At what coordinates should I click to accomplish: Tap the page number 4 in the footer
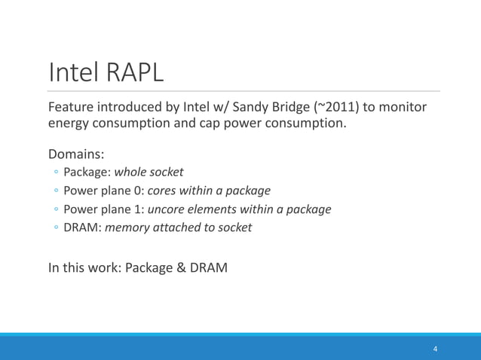coord(435,349)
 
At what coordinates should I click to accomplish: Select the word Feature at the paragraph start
coord(73,107)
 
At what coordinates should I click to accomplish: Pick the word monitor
coord(404,107)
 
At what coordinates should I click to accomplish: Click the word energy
coord(70,124)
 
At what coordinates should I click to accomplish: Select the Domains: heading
coord(76,154)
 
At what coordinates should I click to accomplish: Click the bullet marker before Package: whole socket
coord(57,172)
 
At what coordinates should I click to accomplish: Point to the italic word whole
coord(130,172)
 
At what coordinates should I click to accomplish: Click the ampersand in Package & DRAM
coord(181,267)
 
